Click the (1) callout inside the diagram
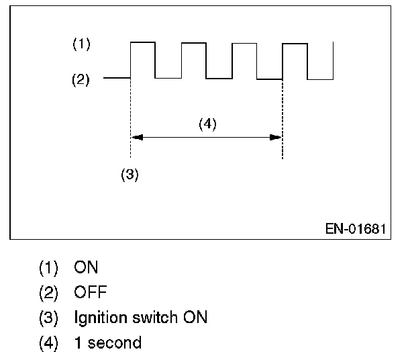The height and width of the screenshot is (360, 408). click(x=81, y=45)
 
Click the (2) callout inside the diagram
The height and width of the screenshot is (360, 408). click(x=81, y=80)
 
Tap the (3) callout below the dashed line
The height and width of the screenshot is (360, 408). click(x=129, y=175)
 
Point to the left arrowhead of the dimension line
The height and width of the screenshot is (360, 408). click(x=136, y=137)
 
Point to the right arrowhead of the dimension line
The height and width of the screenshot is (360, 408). click(x=276, y=137)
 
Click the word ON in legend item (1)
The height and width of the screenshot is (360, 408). click(x=87, y=267)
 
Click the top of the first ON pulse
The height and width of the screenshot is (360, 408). click(x=142, y=42)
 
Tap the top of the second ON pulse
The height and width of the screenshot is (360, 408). click(x=193, y=42)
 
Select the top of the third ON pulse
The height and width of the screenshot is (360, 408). click(x=244, y=42)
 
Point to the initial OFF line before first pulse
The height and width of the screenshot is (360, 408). click(x=116, y=79)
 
